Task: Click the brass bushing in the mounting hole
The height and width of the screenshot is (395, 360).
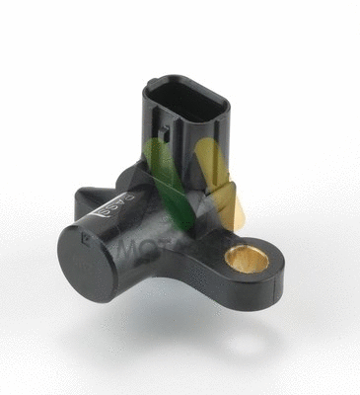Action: pos(244,261)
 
